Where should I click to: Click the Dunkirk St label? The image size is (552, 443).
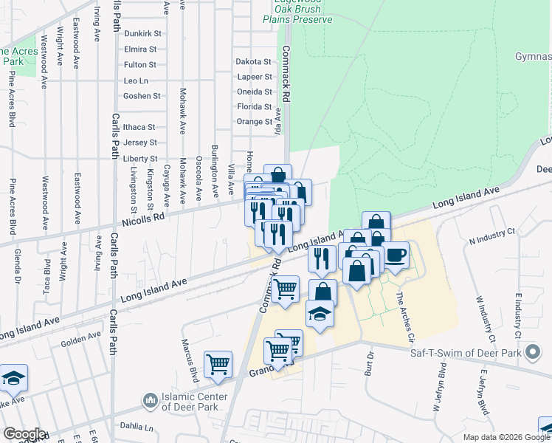(142, 34)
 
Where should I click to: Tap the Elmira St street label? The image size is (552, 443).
(141, 49)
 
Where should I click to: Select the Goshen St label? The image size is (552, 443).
(142, 96)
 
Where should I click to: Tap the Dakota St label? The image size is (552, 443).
(254, 61)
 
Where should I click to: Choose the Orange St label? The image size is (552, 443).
(255, 122)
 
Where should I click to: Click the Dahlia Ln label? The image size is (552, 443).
(138, 427)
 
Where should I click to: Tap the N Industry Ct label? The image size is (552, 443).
(491, 233)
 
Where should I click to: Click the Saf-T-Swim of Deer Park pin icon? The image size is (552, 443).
(531, 353)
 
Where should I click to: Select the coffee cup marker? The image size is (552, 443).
(394, 255)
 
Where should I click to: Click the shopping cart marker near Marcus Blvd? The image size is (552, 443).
(218, 364)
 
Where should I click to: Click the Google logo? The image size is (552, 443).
(24, 434)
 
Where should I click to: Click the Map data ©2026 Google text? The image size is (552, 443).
(506, 437)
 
